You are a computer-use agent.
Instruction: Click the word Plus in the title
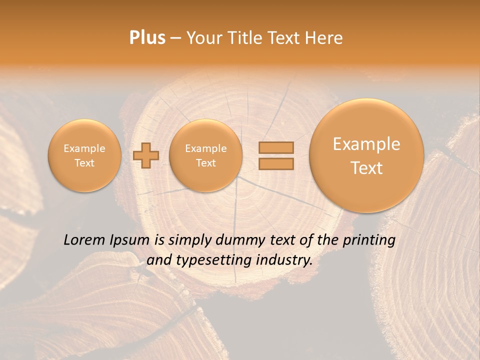click(147, 38)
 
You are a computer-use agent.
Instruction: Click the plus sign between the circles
click(146, 155)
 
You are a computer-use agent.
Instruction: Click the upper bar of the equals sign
click(275, 147)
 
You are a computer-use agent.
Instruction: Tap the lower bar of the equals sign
click(275, 163)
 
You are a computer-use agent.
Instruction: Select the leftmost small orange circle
click(84, 155)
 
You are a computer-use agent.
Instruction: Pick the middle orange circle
click(205, 155)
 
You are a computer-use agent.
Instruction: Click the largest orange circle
click(366, 155)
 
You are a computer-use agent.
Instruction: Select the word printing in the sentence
click(370, 240)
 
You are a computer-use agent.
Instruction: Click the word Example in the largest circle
click(366, 144)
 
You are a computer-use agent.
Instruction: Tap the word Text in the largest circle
click(366, 168)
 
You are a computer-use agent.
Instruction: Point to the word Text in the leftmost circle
click(84, 163)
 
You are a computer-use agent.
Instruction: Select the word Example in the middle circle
click(205, 148)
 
